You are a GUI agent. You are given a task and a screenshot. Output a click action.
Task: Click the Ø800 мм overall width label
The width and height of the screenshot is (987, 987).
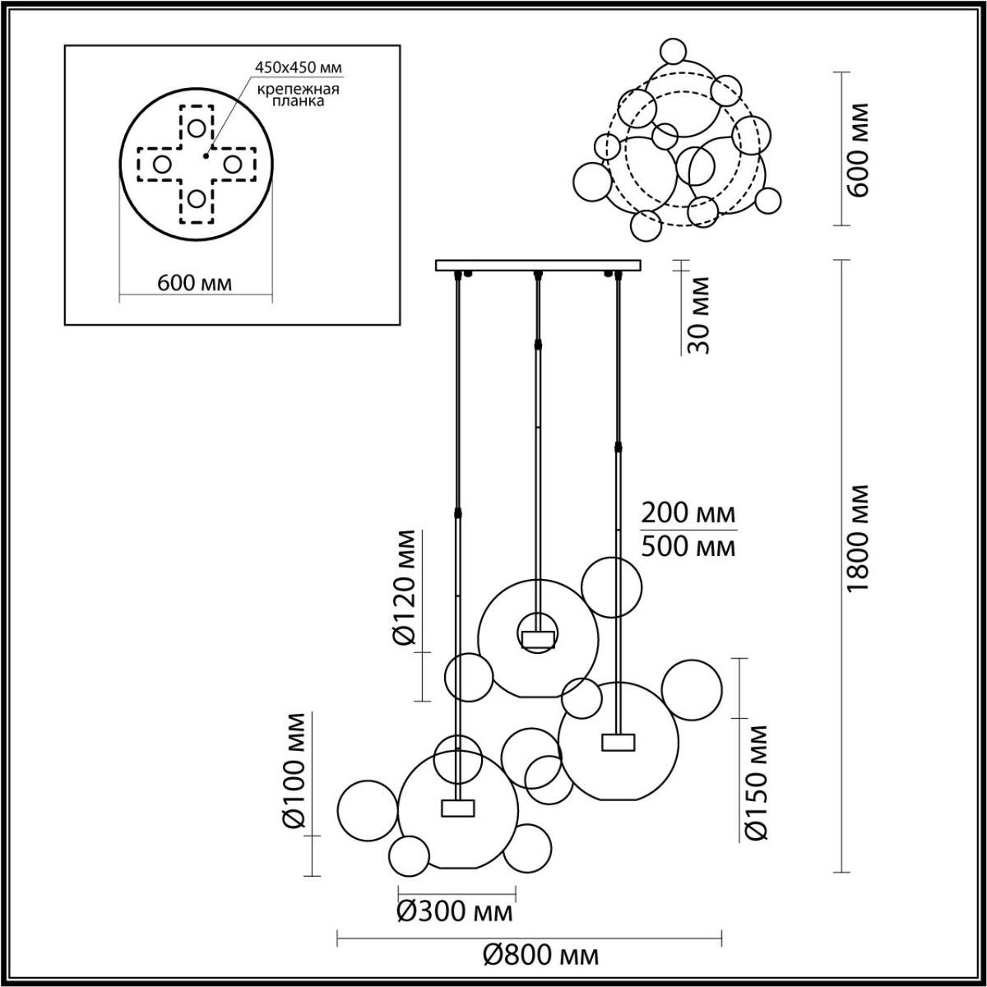pyautogui.click(x=540, y=955)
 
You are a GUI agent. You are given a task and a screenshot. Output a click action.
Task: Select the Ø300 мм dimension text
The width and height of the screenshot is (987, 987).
pyautogui.click(x=454, y=911)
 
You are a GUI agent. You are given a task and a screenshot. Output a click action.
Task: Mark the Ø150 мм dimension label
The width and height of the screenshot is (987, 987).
pyautogui.click(x=756, y=782)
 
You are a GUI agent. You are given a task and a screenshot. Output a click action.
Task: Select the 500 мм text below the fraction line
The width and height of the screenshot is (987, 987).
pyautogui.click(x=688, y=546)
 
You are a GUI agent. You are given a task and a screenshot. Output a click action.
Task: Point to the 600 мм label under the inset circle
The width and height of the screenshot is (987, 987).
pyautogui.click(x=193, y=283)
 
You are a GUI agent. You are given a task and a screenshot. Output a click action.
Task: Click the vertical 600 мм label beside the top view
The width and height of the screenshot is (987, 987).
pyautogui.click(x=857, y=150)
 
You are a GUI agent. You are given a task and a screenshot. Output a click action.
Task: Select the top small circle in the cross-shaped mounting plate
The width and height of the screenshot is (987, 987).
pyautogui.click(x=196, y=127)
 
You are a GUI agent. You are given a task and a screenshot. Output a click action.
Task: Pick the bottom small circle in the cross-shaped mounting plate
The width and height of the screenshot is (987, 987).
pyautogui.click(x=196, y=199)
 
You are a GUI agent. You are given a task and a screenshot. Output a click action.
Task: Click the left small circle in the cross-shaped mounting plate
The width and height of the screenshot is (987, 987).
pyautogui.click(x=162, y=164)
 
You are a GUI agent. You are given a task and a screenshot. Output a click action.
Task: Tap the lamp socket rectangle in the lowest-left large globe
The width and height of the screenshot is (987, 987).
pyautogui.click(x=458, y=808)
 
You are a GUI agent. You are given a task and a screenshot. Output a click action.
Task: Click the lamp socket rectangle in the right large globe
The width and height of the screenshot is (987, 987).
pyautogui.click(x=619, y=742)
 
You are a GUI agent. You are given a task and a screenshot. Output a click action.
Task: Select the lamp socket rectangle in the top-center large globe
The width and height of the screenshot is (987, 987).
pyautogui.click(x=538, y=639)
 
